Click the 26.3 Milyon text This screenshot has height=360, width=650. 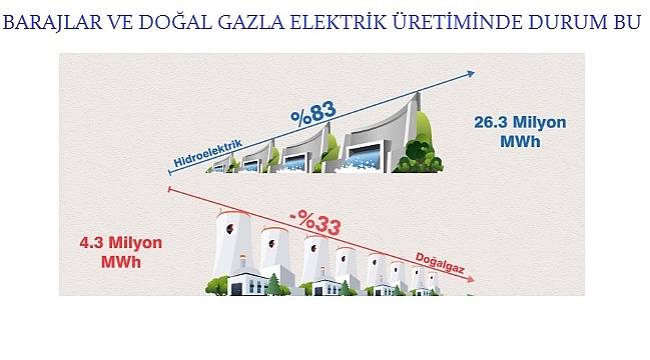[518, 123]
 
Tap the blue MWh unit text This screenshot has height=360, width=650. [518, 142]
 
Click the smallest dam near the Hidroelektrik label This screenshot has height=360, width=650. [226, 162]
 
